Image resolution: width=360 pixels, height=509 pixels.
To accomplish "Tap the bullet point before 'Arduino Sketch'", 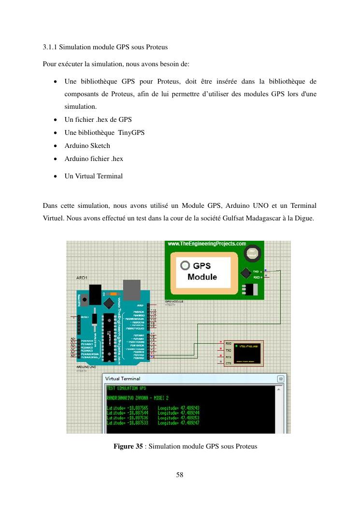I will click(x=56, y=145).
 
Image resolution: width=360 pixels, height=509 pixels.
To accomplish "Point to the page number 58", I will click(x=180, y=475).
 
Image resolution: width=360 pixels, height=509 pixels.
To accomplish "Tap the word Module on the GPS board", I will click(x=202, y=277).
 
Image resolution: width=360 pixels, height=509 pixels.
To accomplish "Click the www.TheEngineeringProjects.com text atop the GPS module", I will click(x=207, y=244).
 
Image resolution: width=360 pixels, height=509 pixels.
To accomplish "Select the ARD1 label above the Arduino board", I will click(x=82, y=278).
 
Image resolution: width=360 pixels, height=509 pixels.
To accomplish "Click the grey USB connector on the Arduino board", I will click(x=131, y=290).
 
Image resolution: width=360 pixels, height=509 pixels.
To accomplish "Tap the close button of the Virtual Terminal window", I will click(x=280, y=378).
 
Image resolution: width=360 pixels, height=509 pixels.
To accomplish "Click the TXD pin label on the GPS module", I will click(x=256, y=272).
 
